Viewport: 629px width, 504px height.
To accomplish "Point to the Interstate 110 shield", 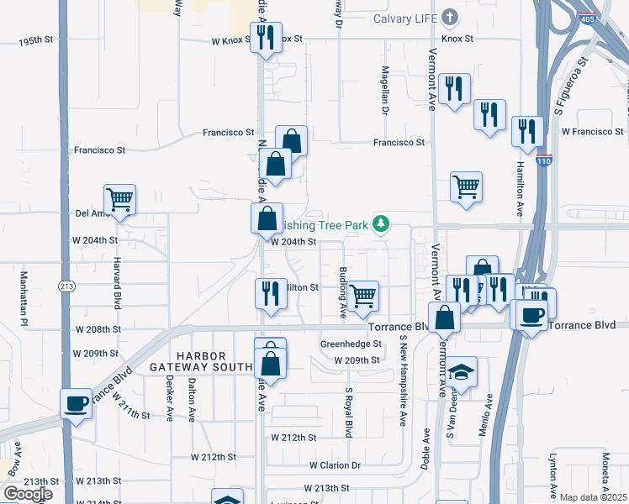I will click(x=547, y=161).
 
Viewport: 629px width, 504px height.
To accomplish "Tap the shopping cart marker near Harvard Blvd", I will click(x=120, y=200).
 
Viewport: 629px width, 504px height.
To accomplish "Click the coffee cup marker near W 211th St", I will click(x=76, y=403).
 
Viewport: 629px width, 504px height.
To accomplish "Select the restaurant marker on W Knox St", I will click(x=266, y=38).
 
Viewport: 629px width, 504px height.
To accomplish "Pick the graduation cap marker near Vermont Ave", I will click(x=461, y=372).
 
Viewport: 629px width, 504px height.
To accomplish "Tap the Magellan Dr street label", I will click(x=385, y=91).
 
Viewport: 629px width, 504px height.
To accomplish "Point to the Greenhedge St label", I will click(x=351, y=344).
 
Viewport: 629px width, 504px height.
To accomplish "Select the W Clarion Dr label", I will click(x=335, y=465).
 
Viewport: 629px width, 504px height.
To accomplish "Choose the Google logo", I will click(x=28, y=494).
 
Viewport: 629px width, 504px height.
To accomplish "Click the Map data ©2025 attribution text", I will click(x=593, y=497).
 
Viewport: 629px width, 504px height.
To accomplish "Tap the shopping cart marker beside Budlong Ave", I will click(x=362, y=295).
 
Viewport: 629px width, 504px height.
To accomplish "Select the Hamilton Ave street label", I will click(x=521, y=189).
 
